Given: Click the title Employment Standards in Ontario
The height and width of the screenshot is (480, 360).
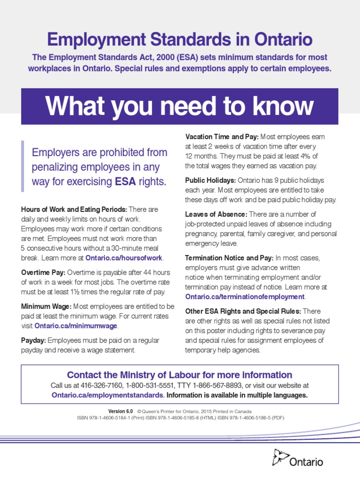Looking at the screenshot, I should pyautogui.click(x=180, y=39).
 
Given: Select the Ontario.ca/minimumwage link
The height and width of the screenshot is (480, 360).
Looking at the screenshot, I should pyautogui.click(x=76, y=326).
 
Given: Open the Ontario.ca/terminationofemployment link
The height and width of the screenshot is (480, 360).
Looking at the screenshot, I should pyautogui.click(x=245, y=297).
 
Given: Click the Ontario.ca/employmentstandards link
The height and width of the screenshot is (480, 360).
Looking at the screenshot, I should pyautogui.click(x=107, y=395).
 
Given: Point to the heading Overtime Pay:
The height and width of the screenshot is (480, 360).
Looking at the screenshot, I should pyautogui.click(x=44, y=272).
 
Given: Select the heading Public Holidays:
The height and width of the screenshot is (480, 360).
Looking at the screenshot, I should pyautogui.click(x=210, y=180).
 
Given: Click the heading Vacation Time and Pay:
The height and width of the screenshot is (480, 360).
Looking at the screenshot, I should pyautogui.click(x=222, y=137).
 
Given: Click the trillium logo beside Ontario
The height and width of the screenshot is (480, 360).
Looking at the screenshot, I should pyautogui.click(x=280, y=457).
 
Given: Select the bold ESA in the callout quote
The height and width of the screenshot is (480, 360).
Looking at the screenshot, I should pyautogui.click(x=125, y=182).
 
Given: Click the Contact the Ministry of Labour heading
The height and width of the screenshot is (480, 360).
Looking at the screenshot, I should pyautogui.click(x=180, y=375).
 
